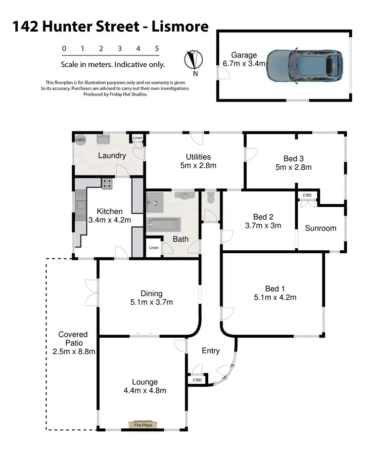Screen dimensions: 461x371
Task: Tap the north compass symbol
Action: [193, 60]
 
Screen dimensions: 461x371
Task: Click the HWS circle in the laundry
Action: [80, 140]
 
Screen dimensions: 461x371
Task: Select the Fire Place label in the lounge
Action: [140, 425]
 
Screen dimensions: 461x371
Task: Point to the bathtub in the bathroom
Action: [164, 225]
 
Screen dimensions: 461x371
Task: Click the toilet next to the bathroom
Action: [211, 199]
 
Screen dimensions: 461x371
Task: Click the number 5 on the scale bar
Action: [157, 48]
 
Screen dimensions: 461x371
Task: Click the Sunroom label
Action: [320, 228]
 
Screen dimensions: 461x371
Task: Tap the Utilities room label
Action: [198, 157]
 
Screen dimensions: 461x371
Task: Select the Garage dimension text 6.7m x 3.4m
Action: [243, 64]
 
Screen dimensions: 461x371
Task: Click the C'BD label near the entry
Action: [196, 380]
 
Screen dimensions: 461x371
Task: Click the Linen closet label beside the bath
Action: [154, 247]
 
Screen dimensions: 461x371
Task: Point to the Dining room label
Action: [151, 294]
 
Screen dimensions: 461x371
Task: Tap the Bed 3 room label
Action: [293, 159]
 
